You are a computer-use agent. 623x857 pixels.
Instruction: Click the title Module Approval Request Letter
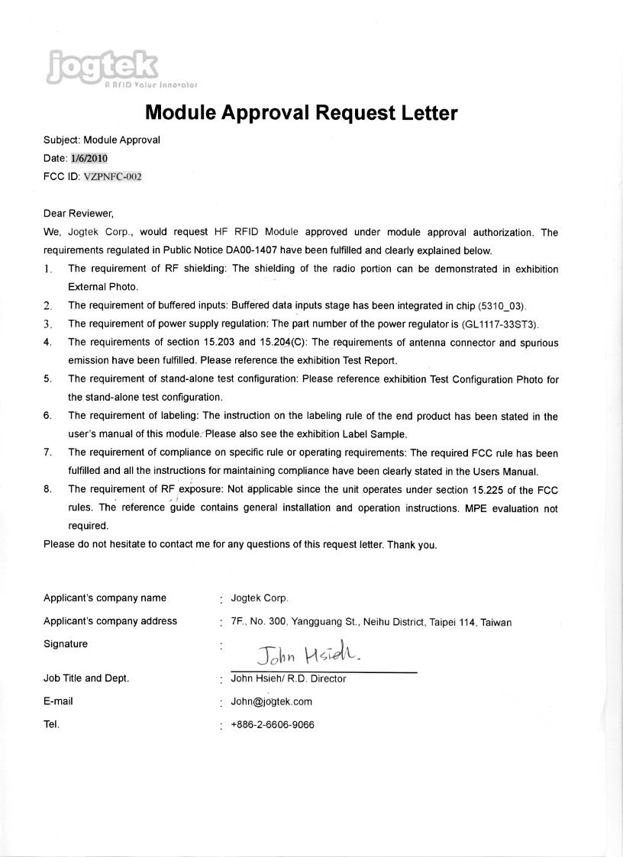(301, 114)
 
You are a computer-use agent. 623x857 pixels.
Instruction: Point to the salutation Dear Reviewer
(79, 214)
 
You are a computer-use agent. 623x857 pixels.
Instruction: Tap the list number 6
(47, 416)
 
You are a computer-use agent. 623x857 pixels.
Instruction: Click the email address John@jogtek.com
(271, 702)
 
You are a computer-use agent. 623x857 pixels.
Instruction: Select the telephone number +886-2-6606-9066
(272, 725)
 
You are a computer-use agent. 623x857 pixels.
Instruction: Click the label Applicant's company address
(110, 621)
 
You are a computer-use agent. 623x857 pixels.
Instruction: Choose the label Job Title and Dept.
(86, 678)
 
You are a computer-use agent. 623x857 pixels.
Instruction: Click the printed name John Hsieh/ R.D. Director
(288, 679)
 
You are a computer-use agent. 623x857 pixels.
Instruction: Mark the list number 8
(47, 489)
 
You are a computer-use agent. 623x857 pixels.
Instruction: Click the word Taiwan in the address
(496, 623)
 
